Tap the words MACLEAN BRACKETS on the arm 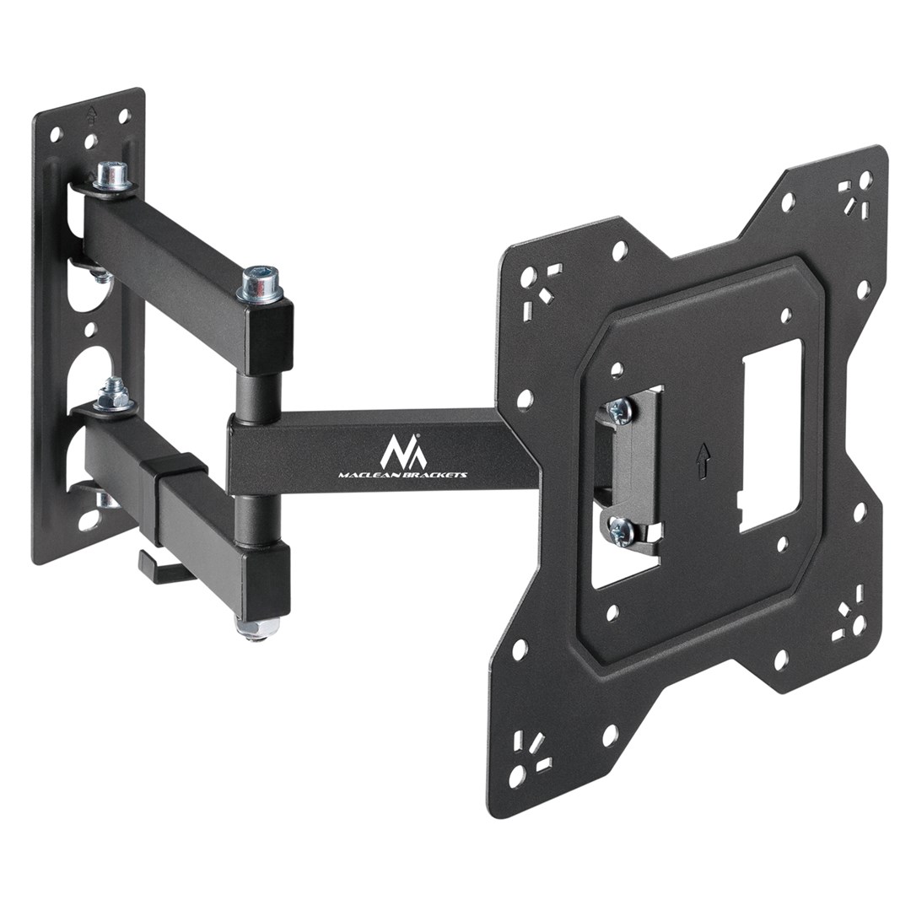point(402,476)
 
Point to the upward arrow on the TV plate point(705,456)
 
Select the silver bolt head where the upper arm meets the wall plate point(111,175)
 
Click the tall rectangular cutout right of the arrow point(769,434)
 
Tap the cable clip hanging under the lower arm point(156,565)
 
